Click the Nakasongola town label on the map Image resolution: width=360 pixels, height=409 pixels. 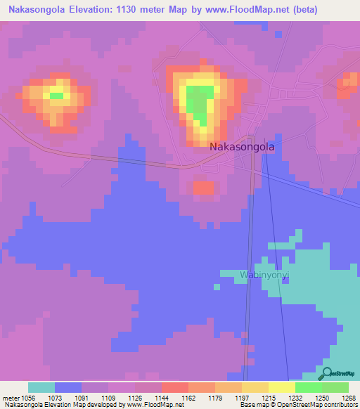point(241,148)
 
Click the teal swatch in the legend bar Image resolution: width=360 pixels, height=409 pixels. point(41,387)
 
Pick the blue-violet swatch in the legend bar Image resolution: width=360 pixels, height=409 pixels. point(68,387)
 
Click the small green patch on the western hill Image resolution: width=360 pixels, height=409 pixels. point(56,95)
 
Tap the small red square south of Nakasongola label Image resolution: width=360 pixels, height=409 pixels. point(203,188)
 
